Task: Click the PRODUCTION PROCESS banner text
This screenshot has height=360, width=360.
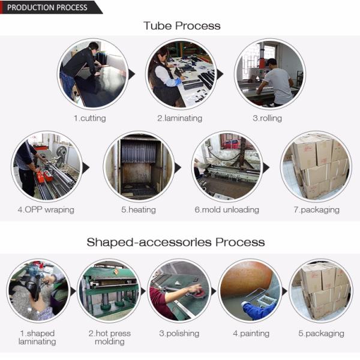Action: (47, 7)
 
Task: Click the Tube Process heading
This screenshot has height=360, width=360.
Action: (182, 25)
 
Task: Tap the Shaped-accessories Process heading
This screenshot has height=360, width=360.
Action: (176, 242)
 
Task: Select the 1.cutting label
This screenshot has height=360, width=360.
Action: (90, 118)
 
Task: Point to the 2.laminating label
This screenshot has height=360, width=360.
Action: (179, 118)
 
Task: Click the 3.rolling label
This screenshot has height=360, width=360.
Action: (267, 118)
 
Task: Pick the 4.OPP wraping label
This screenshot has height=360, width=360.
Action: (46, 210)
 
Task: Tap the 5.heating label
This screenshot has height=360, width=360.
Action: (139, 210)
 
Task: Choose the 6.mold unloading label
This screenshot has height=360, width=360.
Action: (227, 210)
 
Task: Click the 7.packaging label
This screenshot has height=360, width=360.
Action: (317, 210)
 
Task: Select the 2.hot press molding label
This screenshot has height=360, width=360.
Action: (110, 337)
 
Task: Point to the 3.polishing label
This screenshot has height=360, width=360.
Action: (179, 334)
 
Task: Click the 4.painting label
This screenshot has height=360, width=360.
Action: (251, 334)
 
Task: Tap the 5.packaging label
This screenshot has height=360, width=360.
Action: (321, 334)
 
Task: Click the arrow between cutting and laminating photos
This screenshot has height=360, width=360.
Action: (131, 74)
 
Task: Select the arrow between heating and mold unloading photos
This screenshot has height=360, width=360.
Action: (178, 168)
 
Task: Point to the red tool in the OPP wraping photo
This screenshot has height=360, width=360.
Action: (44, 176)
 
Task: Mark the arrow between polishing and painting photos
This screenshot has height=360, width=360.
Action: (213, 292)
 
